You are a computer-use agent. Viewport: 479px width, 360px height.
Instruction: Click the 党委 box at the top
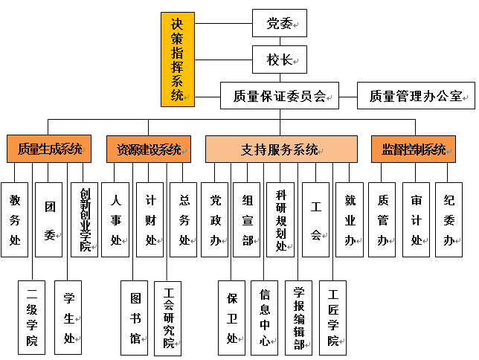(x=279, y=23)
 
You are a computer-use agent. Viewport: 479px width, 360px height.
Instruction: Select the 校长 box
(x=279, y=60)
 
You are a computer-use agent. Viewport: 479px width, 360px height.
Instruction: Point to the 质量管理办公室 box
(x=415, y=95)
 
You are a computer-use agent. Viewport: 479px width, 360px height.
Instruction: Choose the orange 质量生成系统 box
(x=49, y=149)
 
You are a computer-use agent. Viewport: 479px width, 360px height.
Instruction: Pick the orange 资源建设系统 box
(x=148, y=149)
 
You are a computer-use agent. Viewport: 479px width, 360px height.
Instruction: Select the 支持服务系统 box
(x=281, y=149)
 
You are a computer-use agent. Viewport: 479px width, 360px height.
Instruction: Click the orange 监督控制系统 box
(x=414, y=149)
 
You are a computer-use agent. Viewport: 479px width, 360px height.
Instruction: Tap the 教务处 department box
(x=14, y=219)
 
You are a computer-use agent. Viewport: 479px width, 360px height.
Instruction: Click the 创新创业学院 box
(x=84, y=219)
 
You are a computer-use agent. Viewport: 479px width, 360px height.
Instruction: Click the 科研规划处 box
(x=280, y=219)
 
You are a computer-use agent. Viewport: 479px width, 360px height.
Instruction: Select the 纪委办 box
(x=449, y=219)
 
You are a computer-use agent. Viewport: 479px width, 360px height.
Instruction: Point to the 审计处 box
(x=416, y=219)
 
